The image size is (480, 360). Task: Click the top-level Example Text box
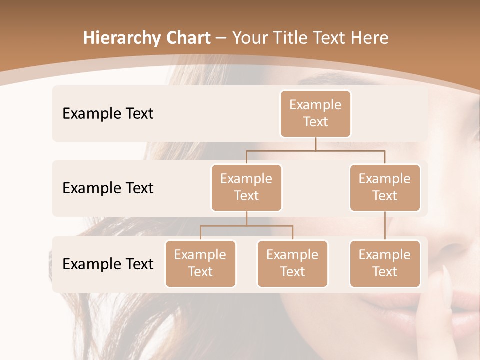coord(315,113)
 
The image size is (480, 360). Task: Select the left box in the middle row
coord(246,187)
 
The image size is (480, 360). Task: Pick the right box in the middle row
coord(385,187)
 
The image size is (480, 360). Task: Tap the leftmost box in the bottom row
coord(200,263)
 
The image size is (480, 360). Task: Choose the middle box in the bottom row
coord(292,263)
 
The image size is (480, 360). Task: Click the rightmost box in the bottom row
coord(385,263)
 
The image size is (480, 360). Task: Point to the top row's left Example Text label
coord(108,114)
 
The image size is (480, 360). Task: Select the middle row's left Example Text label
coord(108,188)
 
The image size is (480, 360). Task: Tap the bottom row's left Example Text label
coord(108,264)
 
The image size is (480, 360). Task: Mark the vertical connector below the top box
coord(315,144)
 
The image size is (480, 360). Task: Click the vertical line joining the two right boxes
coord(385,226)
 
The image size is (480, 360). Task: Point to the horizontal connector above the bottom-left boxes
coord(246,226)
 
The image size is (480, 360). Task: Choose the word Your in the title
coord(249,38)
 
